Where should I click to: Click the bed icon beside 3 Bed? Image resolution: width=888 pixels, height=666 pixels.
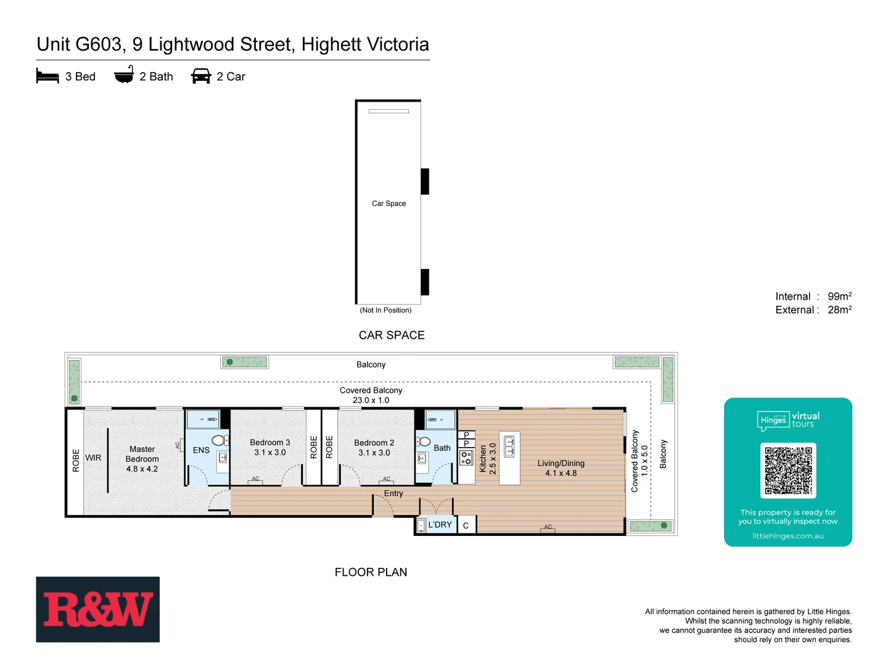pos(47,76)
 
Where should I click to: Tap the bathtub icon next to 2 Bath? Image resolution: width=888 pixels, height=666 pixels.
pos(124,75)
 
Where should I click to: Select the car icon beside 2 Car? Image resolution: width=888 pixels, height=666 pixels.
pos(201,76)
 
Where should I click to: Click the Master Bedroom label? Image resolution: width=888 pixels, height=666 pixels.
pos(142,454)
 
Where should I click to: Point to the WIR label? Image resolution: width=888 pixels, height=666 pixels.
pos(93,458)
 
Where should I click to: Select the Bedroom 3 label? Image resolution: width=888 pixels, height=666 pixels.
pos(269,443)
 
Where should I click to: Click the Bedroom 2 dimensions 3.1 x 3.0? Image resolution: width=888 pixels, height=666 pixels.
pos(374,453)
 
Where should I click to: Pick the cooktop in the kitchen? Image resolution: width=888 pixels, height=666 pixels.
pos(466,458)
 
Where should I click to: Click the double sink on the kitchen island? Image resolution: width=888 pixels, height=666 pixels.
pos(509,446)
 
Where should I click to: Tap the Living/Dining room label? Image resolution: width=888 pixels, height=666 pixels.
pos(561,463)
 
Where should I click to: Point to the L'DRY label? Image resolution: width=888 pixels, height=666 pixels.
pos(440,525)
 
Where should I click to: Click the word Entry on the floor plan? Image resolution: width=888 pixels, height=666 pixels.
pos(393,493)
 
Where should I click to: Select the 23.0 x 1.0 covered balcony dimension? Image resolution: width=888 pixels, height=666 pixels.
pos(371,400)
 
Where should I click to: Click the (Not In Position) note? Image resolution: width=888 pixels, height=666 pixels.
pos(385,310)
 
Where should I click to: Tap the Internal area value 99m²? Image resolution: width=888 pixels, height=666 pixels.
pos(839,297)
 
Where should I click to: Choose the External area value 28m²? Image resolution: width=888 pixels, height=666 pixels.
pos(839,310)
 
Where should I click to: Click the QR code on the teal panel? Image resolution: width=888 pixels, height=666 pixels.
pos(788,471)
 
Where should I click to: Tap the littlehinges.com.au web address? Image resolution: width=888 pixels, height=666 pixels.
pos(787,536)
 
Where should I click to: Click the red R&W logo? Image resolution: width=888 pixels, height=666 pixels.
pos(97,610)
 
